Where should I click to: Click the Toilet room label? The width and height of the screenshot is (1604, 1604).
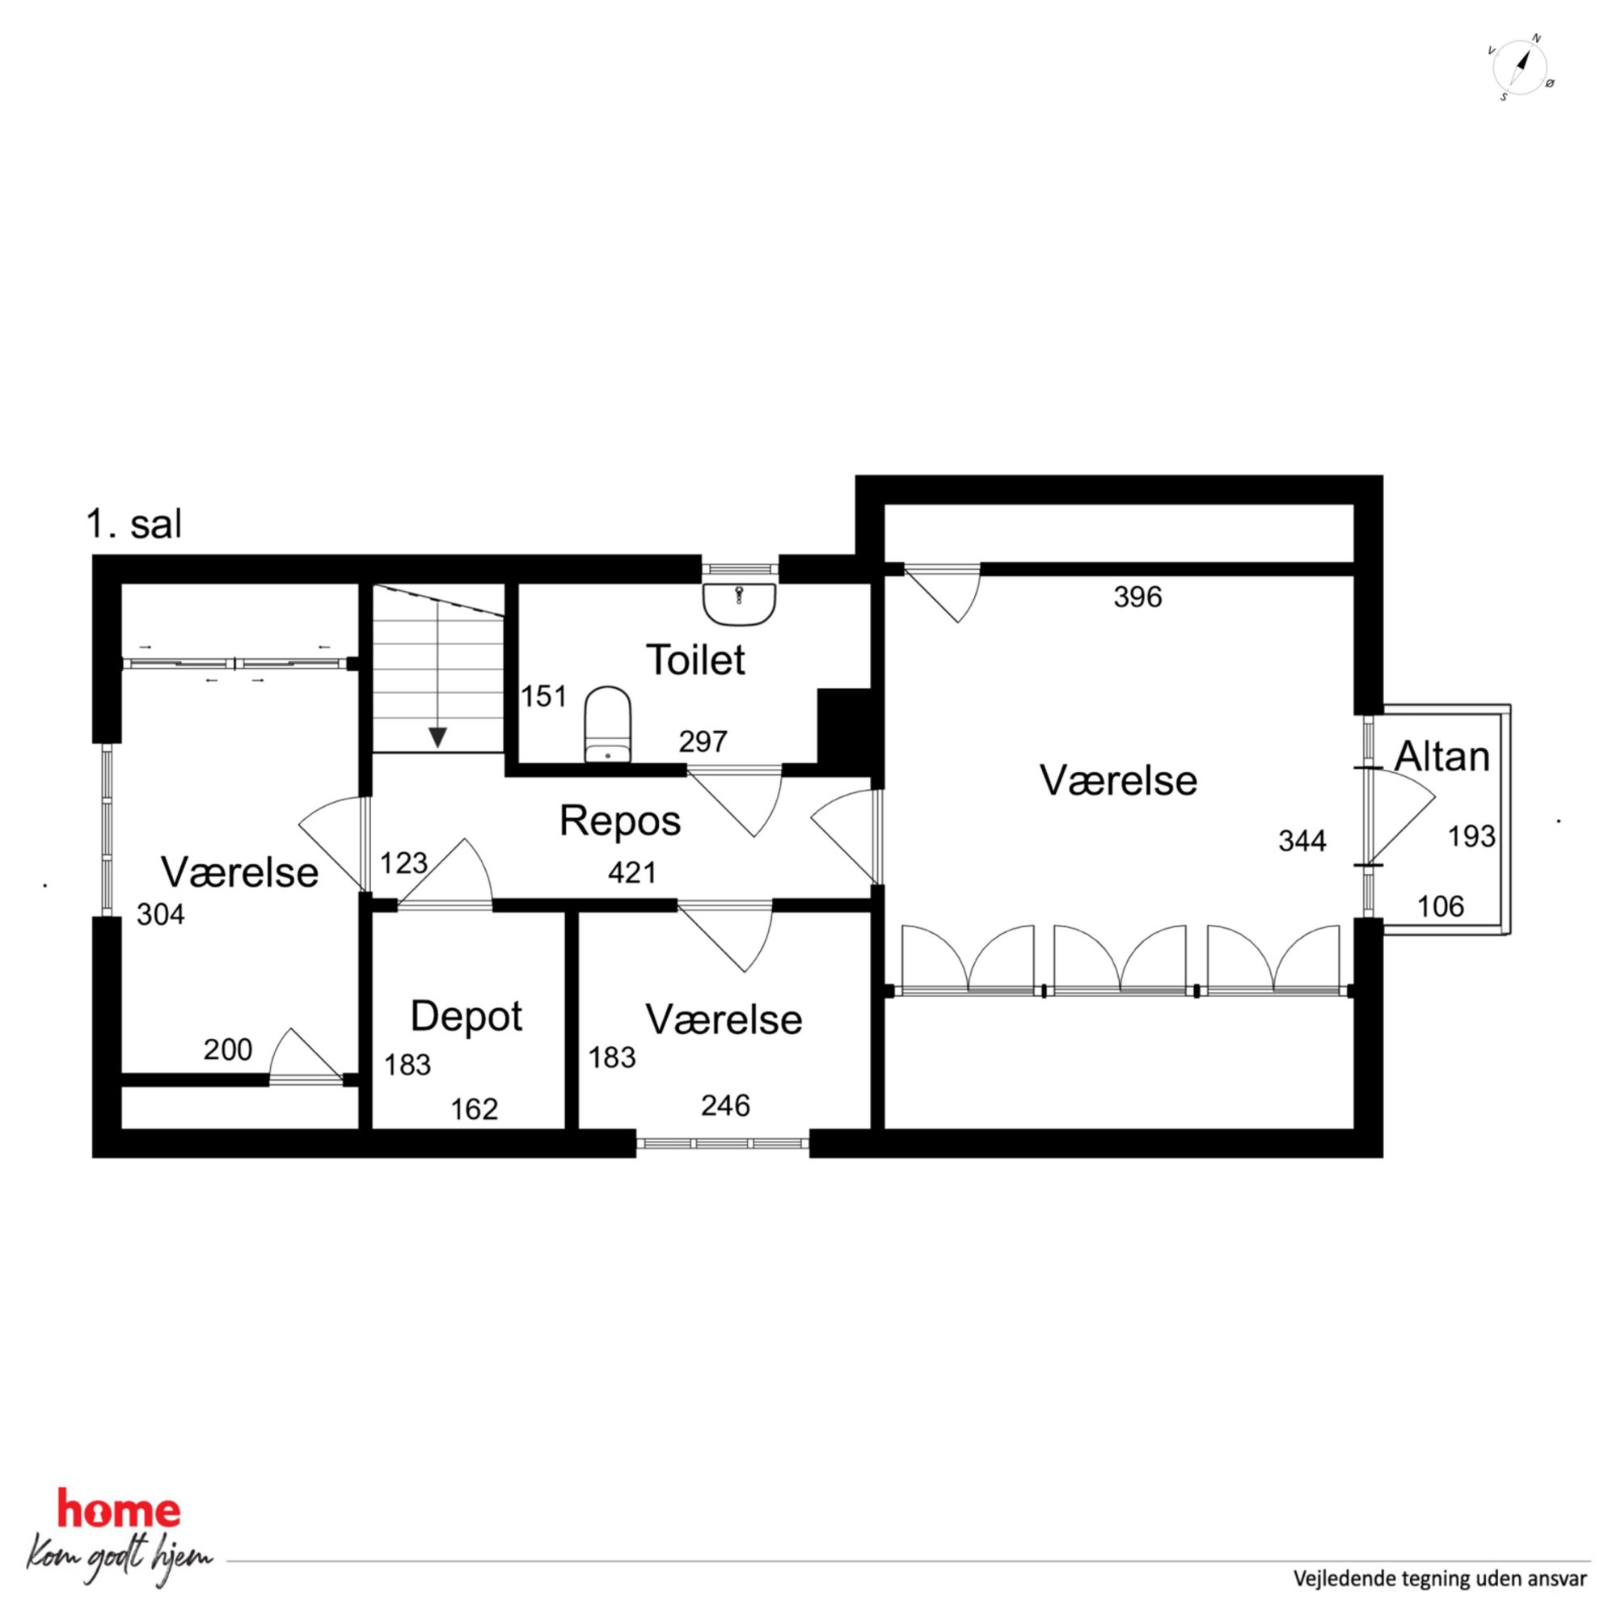tap(696, 660)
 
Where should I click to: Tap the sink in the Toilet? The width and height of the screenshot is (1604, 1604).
tap(739, 603)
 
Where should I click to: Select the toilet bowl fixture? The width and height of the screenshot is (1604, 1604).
tap(608, 724)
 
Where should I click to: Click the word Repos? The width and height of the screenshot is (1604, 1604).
tap(620, 821)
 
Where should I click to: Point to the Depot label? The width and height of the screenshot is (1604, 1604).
tap(466, 1016)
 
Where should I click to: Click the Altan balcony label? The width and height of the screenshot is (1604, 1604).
tap(1442, 757)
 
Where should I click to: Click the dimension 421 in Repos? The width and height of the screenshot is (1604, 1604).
tap(633, 872)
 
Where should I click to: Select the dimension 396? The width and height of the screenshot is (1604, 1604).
tap(1138, 596)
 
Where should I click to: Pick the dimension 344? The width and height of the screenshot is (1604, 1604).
tap(1302, 841)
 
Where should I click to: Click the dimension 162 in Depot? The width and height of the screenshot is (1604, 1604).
tap(474, 1109)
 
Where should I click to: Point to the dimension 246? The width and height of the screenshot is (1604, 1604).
tap(726, 1105)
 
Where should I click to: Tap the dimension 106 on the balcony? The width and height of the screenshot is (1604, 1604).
tap(1441, 905)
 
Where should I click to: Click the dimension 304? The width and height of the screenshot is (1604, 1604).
tap(161, 914)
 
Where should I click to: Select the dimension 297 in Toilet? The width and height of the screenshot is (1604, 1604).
tap(703, 741)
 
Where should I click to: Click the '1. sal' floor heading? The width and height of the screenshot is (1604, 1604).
tap(133, 524)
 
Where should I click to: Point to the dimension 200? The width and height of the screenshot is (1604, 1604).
tap(227, 1049)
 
